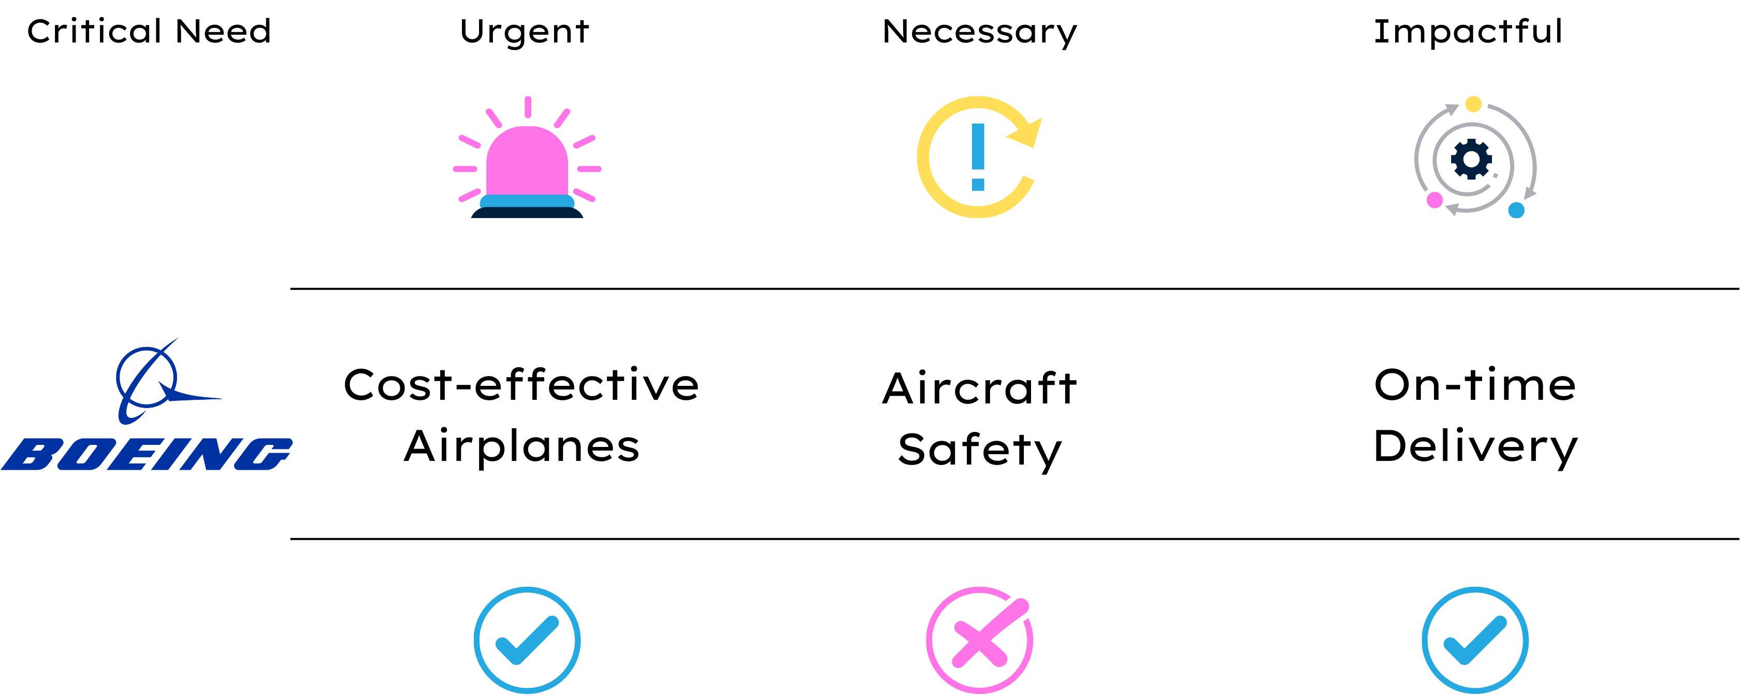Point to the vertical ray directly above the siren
click(x=528, y=107)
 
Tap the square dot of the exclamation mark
click(x=977, y=184)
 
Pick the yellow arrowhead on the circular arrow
click(x=1028, y=133)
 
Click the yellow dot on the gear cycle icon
click(x=1473, y=105)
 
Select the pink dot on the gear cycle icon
click(x=1434, y=200)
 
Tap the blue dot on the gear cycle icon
click(x=1516, y=210)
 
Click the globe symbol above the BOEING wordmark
click(x=147, y=378)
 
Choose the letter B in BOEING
click(x=31, y=454)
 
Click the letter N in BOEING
click(x=209, y=454)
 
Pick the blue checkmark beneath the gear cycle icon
click(x=1475, y=640)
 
